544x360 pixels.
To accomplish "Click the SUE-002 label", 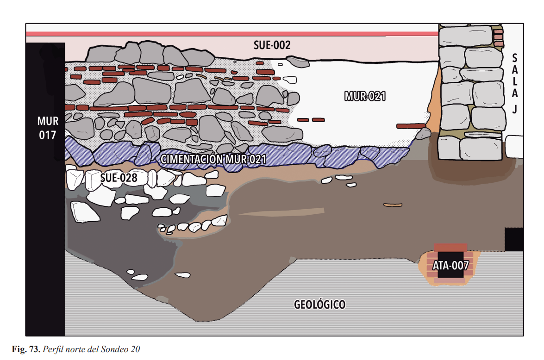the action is click(x=272, y=45).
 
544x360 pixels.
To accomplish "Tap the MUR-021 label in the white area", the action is click(x=365, y=96).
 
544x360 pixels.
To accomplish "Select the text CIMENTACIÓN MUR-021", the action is click(x=213, y=159).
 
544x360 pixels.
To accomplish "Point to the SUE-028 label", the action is click(x=119, y=178).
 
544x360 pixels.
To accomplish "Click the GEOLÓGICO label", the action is click(x=319, y=304).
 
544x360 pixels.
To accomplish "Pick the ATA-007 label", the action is click(x=450, y=266).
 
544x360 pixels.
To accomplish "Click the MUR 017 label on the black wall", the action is click(x=47, y=128).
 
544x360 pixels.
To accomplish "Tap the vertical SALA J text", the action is click(x=515, y=83).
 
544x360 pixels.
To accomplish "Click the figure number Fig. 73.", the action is click(x=26, y=349).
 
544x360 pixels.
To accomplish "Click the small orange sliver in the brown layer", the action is click(x=393, y=205).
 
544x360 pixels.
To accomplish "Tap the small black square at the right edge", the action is click(x=514, y=239).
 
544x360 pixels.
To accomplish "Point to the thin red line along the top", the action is click(x=232, y=34).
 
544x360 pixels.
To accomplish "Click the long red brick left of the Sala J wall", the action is click(x=411, y=126).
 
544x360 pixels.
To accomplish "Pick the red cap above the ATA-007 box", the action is click(x=450, y=247).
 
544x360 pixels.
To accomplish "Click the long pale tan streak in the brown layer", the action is click(x=281, y=212).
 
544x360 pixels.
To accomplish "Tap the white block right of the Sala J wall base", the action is click(x=514, y=147).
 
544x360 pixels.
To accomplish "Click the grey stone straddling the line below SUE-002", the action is click(x=298, y=62).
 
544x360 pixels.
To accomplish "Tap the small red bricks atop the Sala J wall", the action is click(x=499, y=37).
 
